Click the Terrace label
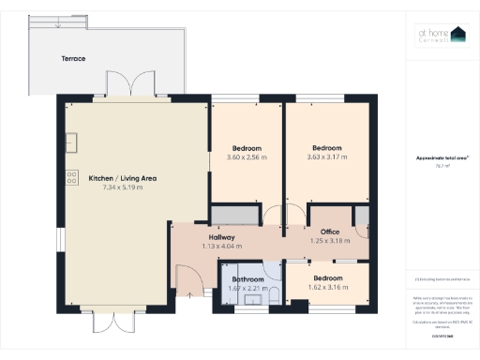tap(74, 58)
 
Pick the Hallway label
tap(222, 238)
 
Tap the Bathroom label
tap(248, 279)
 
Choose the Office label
tap(329, 232)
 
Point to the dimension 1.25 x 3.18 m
tap(329, 241)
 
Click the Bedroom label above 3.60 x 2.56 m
tap(247, 148)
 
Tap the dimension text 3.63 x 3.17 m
tap(326, 157)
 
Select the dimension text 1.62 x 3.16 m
tap(327, 287)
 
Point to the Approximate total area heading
tap(442, 158)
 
